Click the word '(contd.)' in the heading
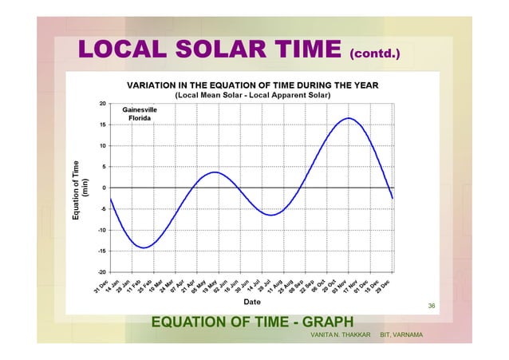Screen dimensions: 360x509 374,56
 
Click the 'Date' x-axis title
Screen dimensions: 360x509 252,302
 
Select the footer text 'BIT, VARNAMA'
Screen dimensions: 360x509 401,334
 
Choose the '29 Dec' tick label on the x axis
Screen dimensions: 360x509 384,287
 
